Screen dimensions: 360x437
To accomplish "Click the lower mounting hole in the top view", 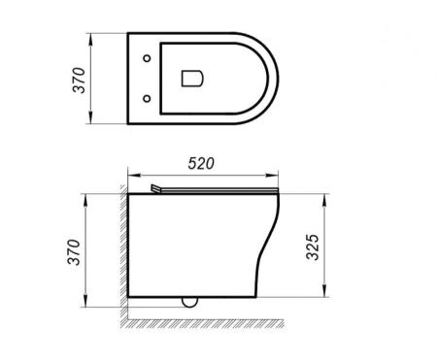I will (146, 97).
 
